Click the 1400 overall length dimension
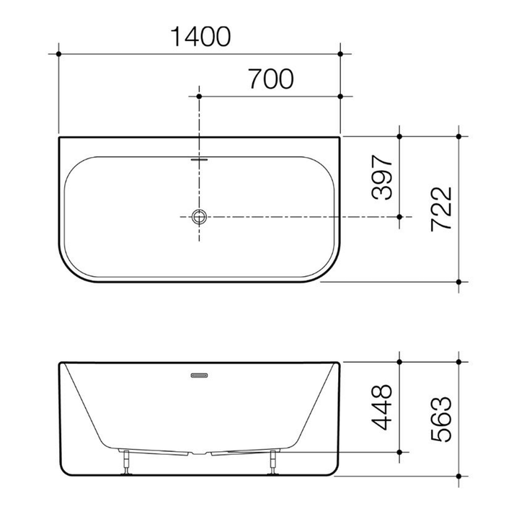200,36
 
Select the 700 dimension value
270,79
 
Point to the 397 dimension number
382,177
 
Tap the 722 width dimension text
440,209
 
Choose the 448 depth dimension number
382,407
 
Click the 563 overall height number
440,419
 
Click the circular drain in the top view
199,216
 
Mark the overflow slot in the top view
199,159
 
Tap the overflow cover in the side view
199,375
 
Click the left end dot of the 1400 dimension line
58,53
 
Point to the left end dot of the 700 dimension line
199,96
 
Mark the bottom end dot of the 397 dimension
399,216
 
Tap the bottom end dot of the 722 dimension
458,282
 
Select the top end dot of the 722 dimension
458,136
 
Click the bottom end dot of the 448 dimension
399,452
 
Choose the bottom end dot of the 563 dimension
458,476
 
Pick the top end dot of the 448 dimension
399,360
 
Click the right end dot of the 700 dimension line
340,96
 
